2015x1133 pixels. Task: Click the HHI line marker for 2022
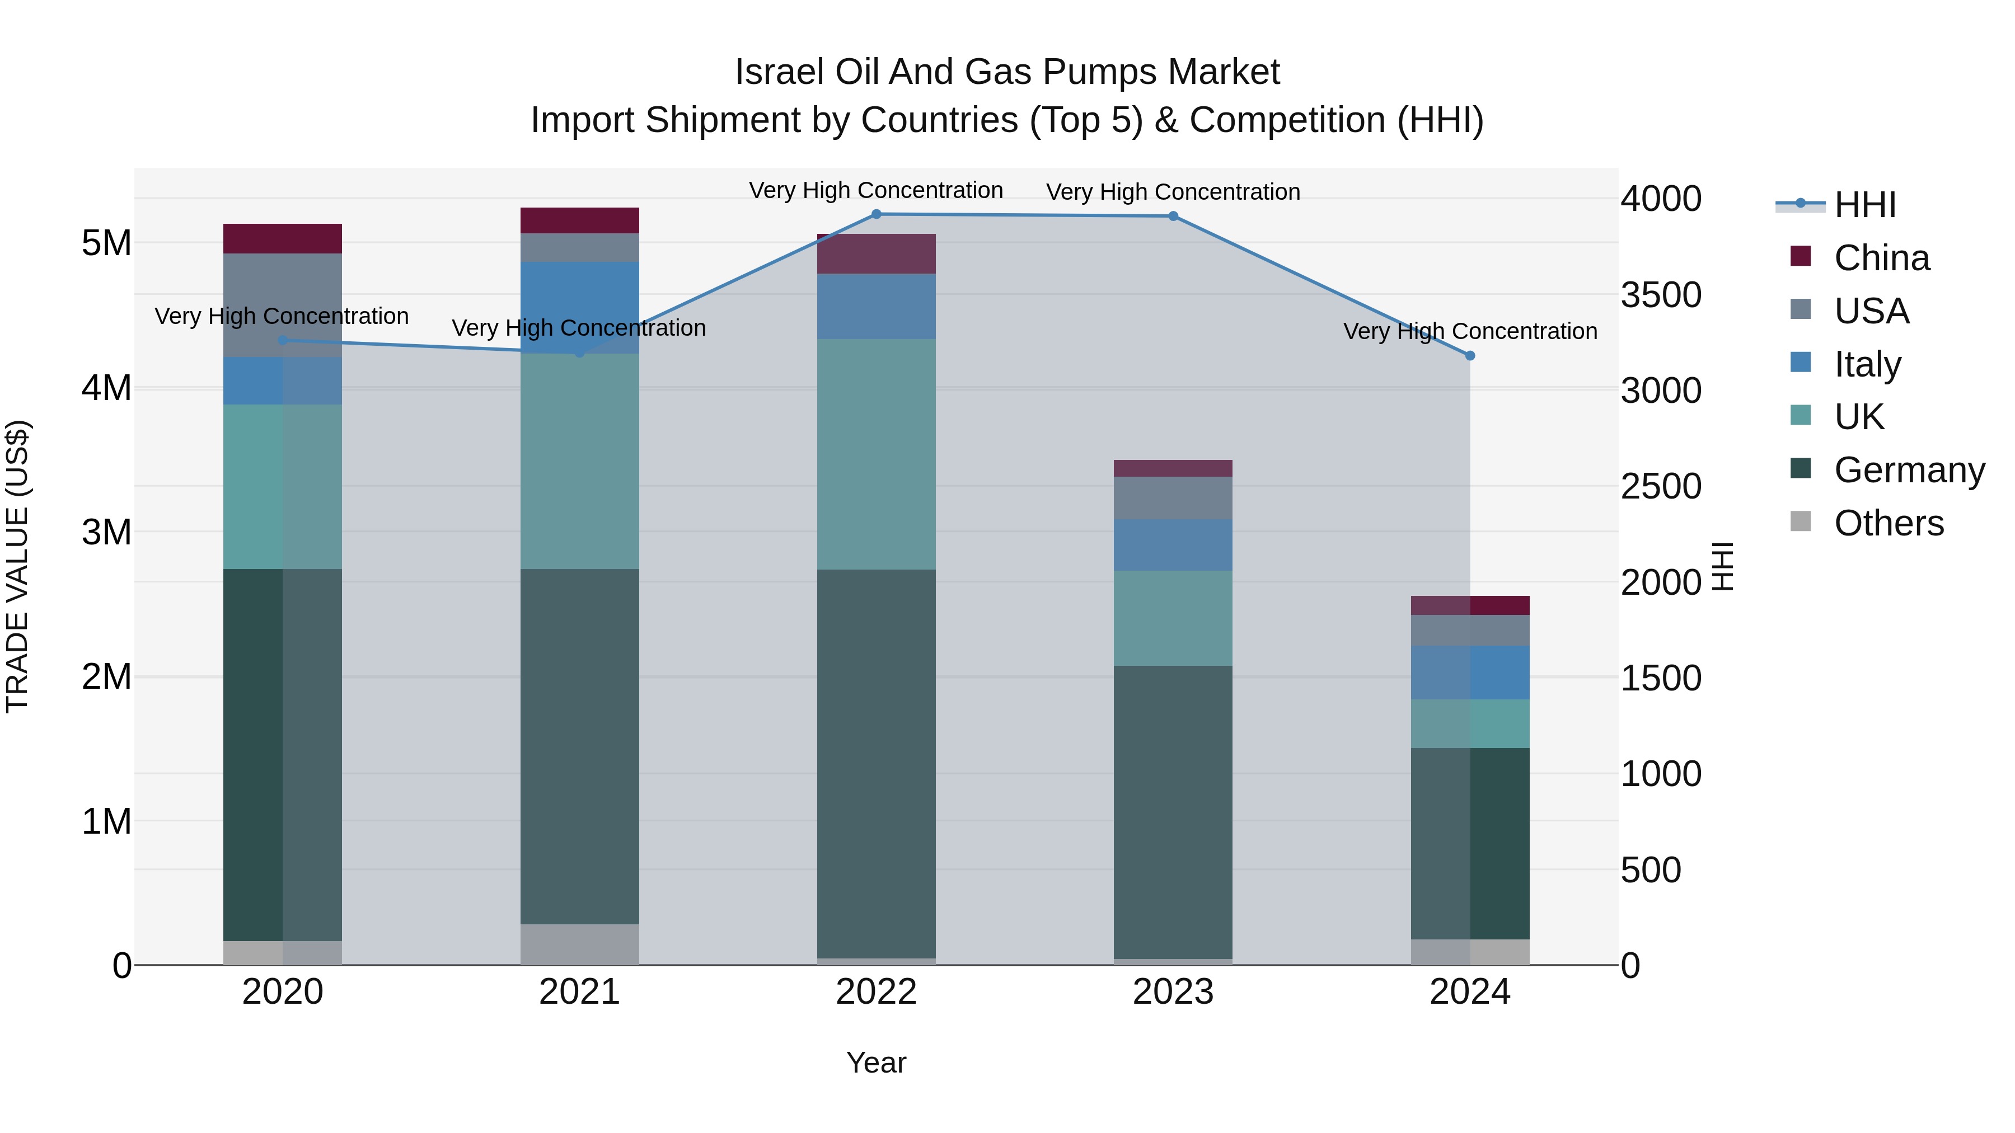click(x=876, y=214)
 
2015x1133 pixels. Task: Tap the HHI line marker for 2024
click(x=1470, y=356)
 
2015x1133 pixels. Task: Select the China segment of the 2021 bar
click(x=580, y=220)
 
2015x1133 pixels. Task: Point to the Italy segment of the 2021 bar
click(x=580, y=307)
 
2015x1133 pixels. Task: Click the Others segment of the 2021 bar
click(x=580, y=944)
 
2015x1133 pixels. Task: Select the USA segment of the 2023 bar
click(x=1173, y=497)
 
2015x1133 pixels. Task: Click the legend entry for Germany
click(x=1909, y=470)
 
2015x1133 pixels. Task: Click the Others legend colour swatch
click(x=1801, y=521)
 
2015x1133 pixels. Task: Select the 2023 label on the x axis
click(x=1173, y=992)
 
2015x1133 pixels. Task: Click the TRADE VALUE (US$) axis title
click(x=17, y=566)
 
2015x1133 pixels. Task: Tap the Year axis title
click(x=876, y=1063)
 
